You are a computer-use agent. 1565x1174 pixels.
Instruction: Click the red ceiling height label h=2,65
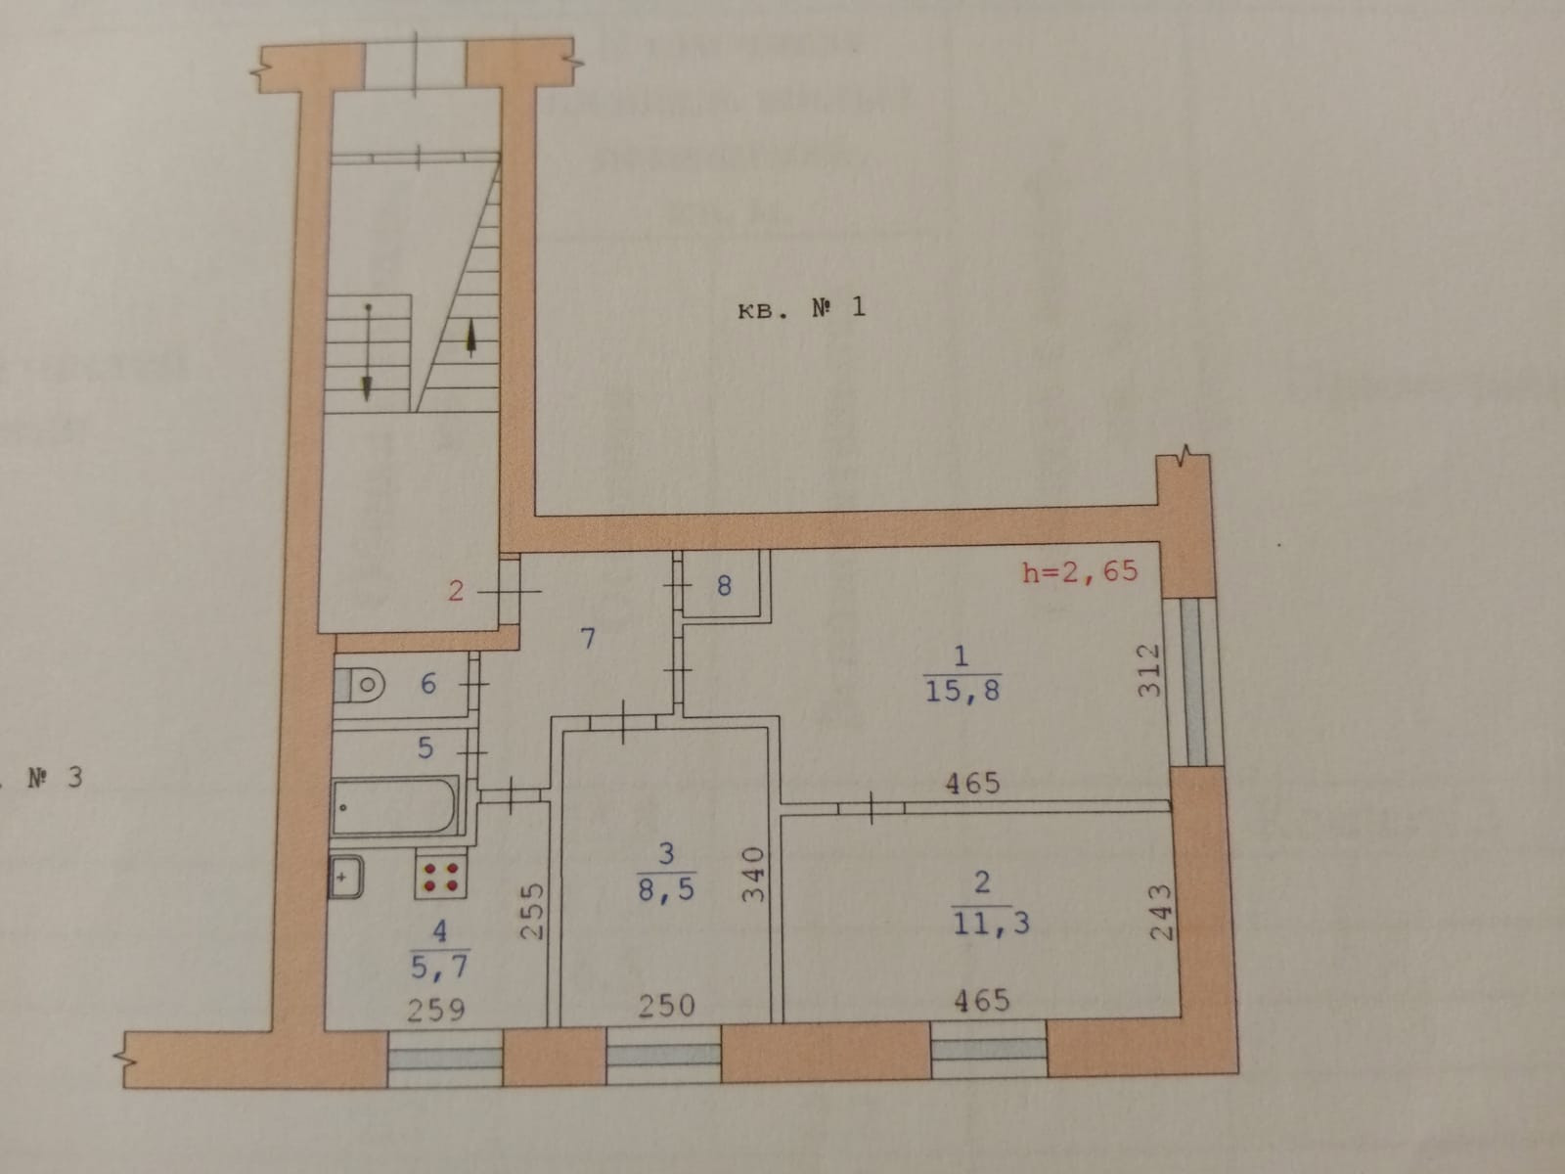pyautogui.click(x=1080, y=570)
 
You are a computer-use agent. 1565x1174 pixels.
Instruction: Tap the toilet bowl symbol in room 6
pyautogui.click(x=360, y=684)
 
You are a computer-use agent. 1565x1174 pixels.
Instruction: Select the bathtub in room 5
pyautogui.click(x=395, y=806)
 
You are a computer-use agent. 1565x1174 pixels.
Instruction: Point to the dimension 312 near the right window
pyautogui.click(x=1150, y=669)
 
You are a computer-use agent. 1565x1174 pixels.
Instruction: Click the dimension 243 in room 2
pyautogui.click(x=1160, y=912)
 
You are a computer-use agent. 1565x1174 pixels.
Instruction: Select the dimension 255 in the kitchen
pyautogui.click(x=531, y=912)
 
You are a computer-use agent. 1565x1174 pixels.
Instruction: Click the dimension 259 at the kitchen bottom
pyautogui.click(x=436, y=1008)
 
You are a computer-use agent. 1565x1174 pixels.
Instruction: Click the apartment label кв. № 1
pyautogui.click(x=800, y=310)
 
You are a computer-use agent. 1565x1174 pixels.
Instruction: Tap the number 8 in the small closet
pyautogui.click(x=724, y=586)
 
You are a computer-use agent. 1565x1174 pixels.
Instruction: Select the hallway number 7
pyautogui.click(x=588, y=639)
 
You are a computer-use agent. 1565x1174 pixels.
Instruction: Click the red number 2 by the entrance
pyautogui.click(x=456, y=590)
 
